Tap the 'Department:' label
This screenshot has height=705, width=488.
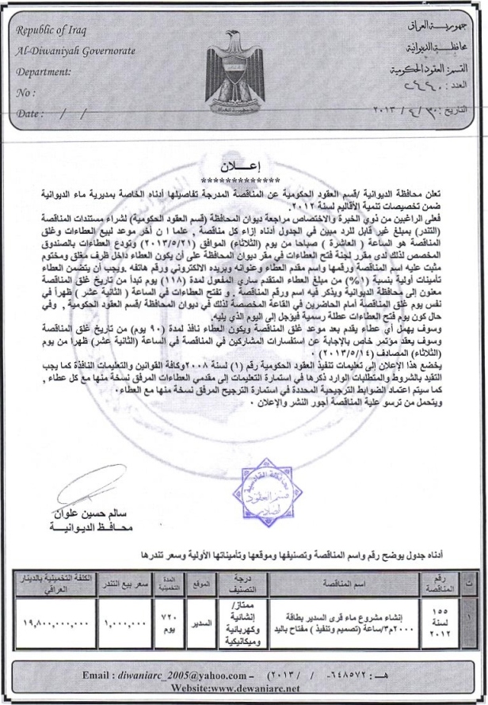[44, 72]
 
